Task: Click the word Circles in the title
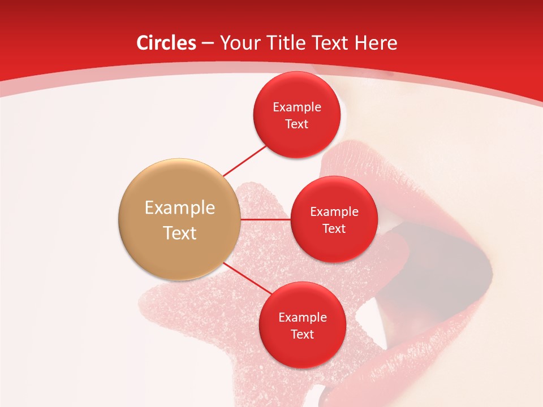click(166, 43)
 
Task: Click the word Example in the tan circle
click(179, 208)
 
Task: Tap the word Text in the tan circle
click(179, 233)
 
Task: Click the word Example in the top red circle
click(297, 107)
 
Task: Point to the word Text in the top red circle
click(297, 124)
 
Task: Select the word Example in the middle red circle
click(334, 212)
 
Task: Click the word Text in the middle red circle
click(334, 228)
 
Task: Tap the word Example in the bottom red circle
click(303, 318)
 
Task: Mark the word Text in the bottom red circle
click(303, 334)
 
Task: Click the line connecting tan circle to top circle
click(245, 161)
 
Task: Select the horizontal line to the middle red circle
click(265, 219)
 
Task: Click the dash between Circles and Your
click(207, 44)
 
